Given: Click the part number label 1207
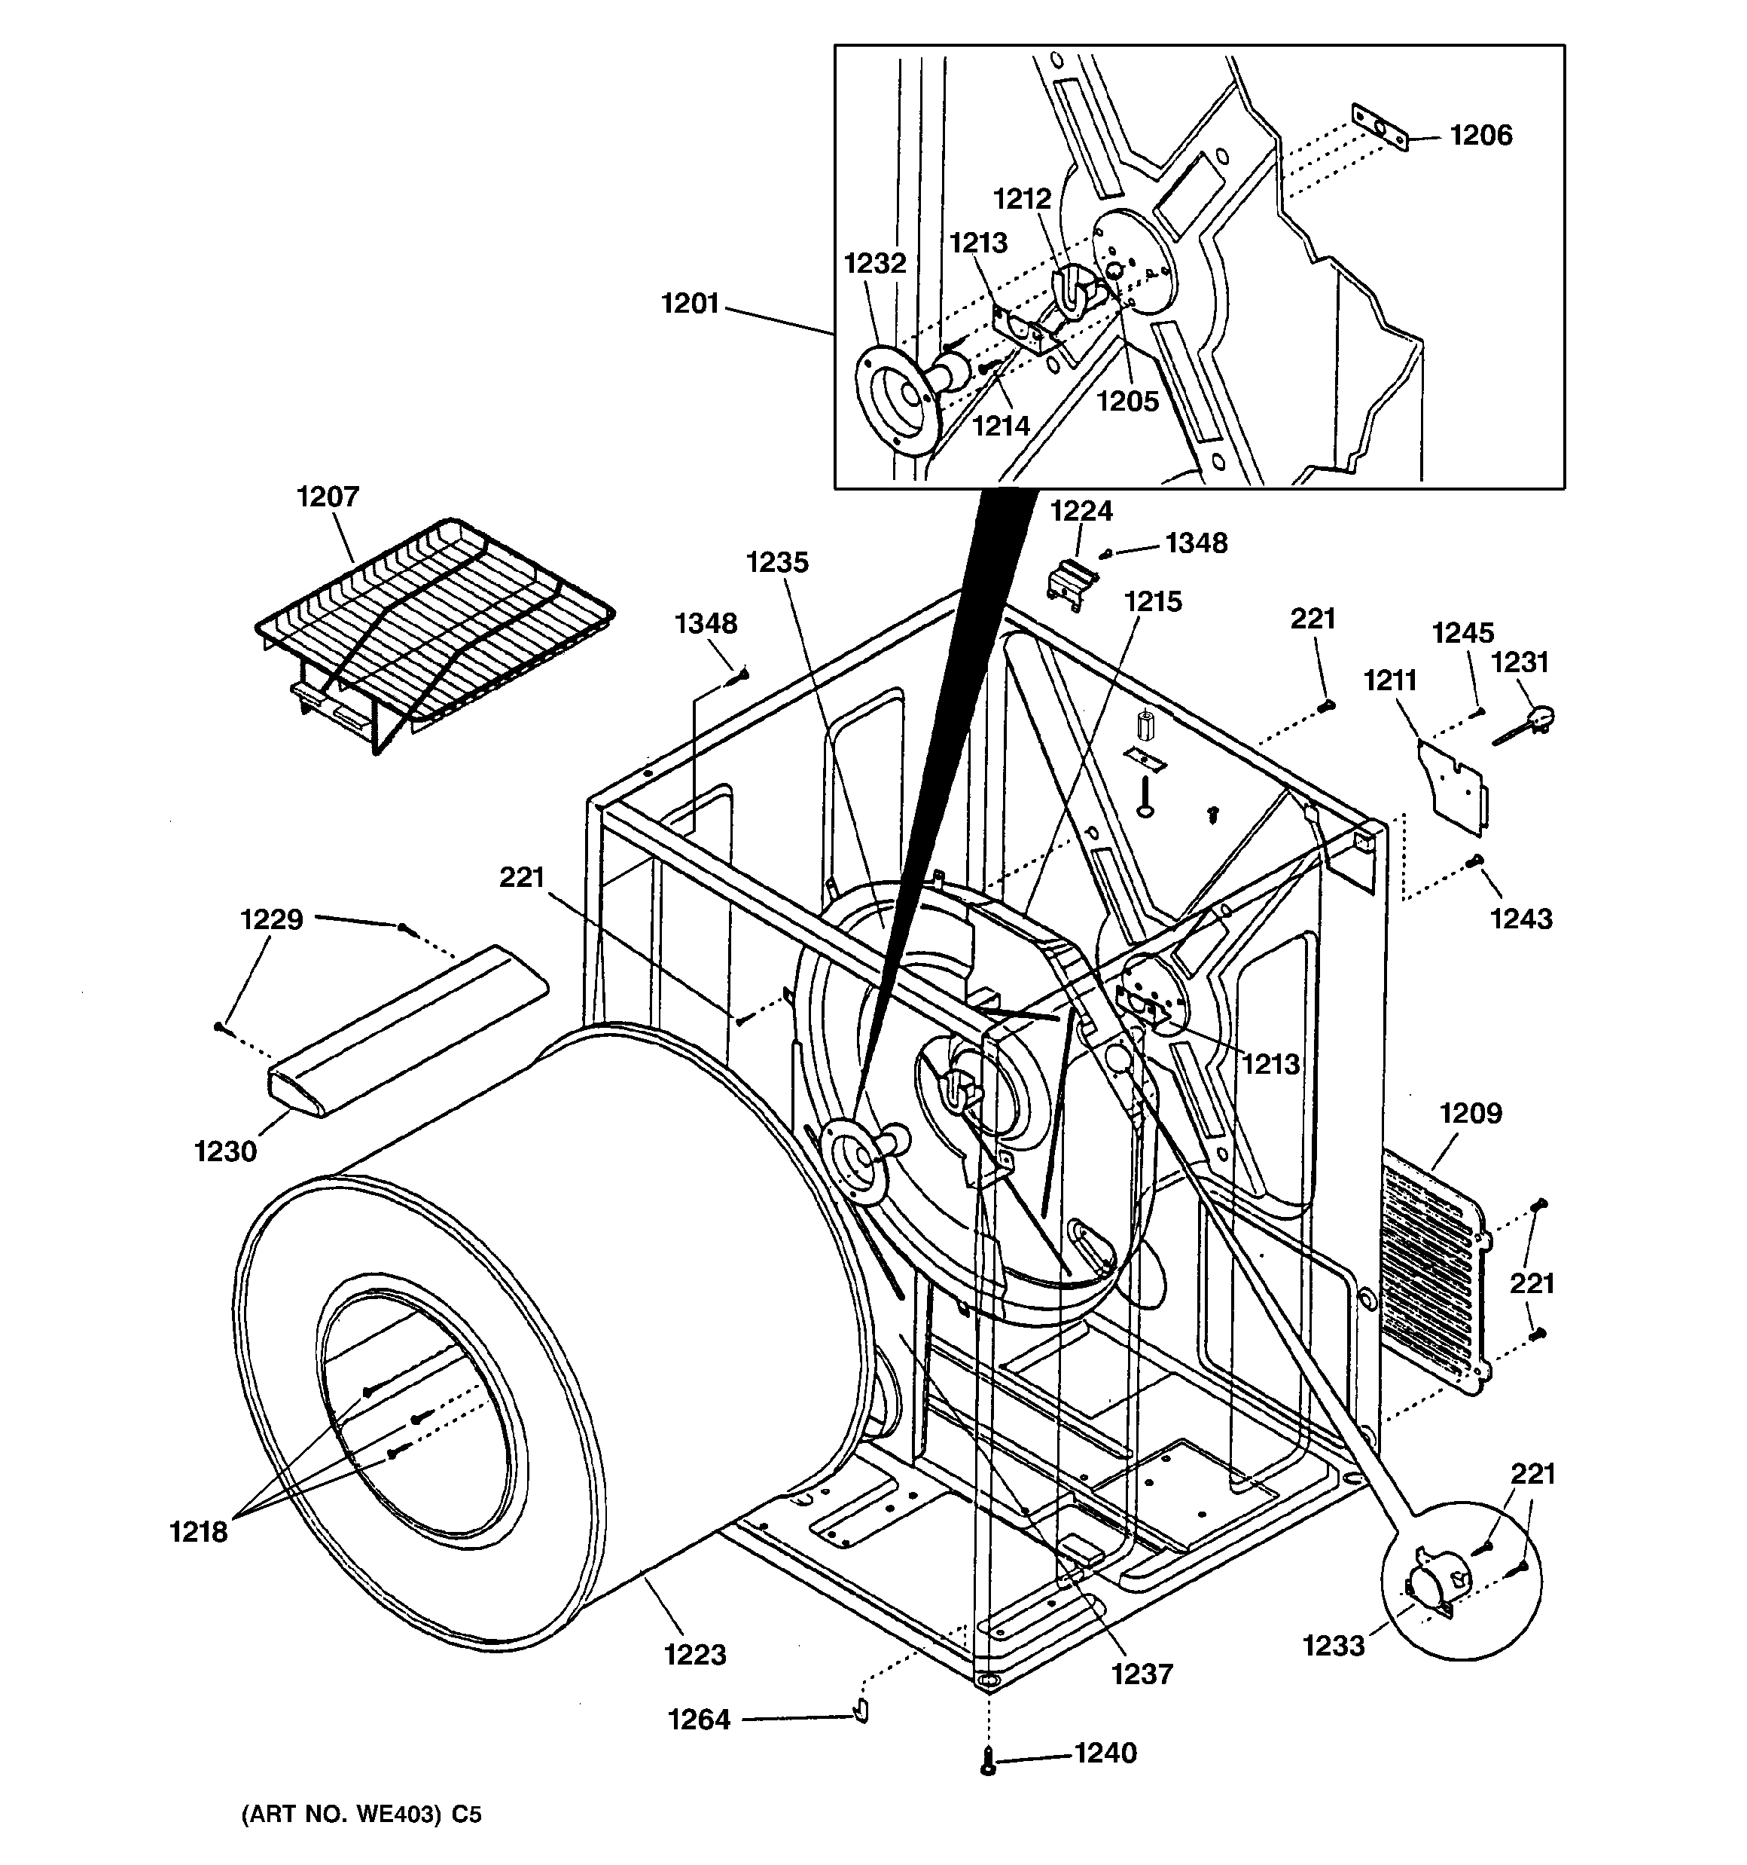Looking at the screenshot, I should (328, 497).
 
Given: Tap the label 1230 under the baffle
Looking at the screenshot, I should (225, 1151).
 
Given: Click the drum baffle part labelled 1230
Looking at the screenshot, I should (408, 1032).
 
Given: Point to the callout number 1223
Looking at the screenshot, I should (695, 1654).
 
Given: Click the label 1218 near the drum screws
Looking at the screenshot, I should (198, 1531).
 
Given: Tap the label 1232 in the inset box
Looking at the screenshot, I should (875, 264).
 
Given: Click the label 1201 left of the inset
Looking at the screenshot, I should (691, 303).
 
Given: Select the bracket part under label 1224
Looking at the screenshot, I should (1071, 579).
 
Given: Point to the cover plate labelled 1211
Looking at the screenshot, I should (1453, 785).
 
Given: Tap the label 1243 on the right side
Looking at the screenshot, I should (1521, 919).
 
